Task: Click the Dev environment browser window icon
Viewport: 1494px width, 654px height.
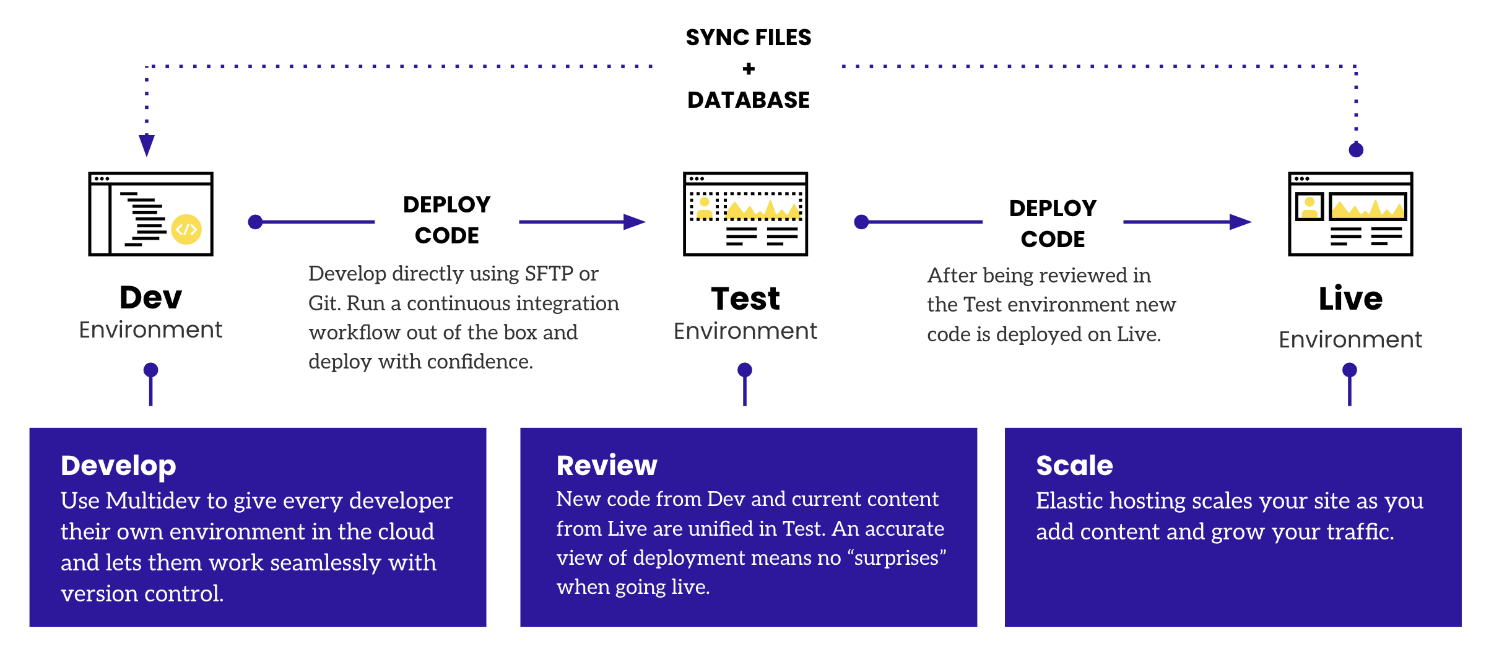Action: coord(150,214)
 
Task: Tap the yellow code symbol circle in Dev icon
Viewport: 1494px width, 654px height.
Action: coord(186,230)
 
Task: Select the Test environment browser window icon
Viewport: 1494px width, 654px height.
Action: coord(745,214)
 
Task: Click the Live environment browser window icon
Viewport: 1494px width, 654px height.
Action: coord(1350,214)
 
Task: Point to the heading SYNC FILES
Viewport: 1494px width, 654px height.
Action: coord(748,38)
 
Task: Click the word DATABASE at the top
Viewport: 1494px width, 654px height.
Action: coord(748,100)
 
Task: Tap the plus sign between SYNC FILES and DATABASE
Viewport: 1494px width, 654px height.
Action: coord(749,69)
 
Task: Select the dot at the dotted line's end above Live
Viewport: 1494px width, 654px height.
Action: coord(1355,150)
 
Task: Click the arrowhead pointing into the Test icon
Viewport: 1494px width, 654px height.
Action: coord(634,222)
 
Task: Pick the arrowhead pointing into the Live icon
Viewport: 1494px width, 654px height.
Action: coord(1240,222)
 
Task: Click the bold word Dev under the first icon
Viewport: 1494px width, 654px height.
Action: coord(150,297)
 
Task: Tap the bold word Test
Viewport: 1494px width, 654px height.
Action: coord(745,299)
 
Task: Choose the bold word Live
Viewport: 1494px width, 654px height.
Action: coord(1350,299)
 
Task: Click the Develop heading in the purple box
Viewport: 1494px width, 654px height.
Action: coord(118,465)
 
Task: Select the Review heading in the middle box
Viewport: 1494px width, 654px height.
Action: coord(606,465)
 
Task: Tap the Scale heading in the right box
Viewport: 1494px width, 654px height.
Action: coord(1074,465)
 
